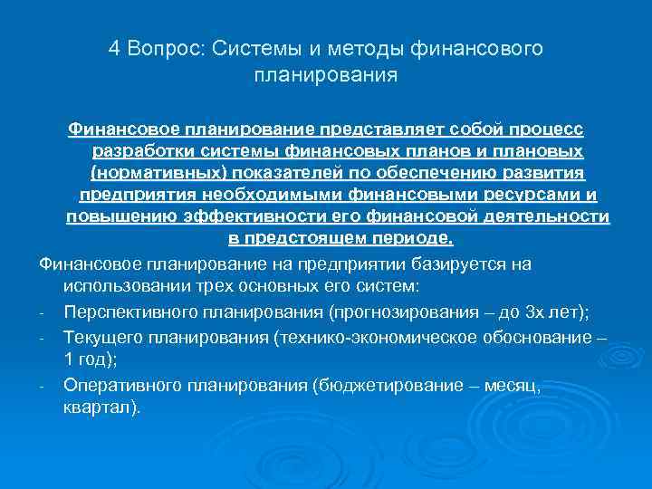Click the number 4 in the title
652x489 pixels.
click(x=114, y=48)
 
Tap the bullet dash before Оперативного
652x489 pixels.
click(x=43, y=386)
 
